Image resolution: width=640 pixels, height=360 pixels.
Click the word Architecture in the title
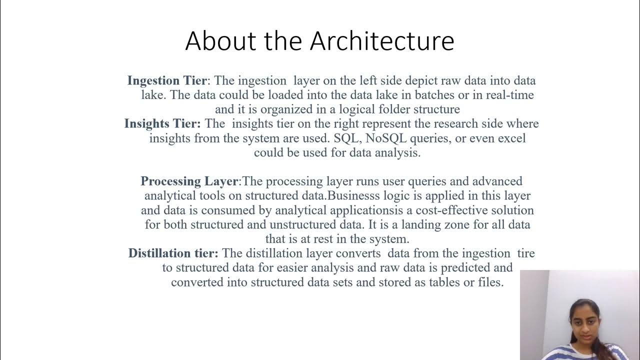382,41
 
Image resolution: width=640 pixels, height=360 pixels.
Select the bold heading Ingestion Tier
166,80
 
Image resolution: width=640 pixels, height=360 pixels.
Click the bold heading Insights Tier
162,123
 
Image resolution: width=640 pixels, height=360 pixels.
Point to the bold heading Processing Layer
189,181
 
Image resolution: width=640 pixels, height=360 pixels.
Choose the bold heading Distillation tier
173,253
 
